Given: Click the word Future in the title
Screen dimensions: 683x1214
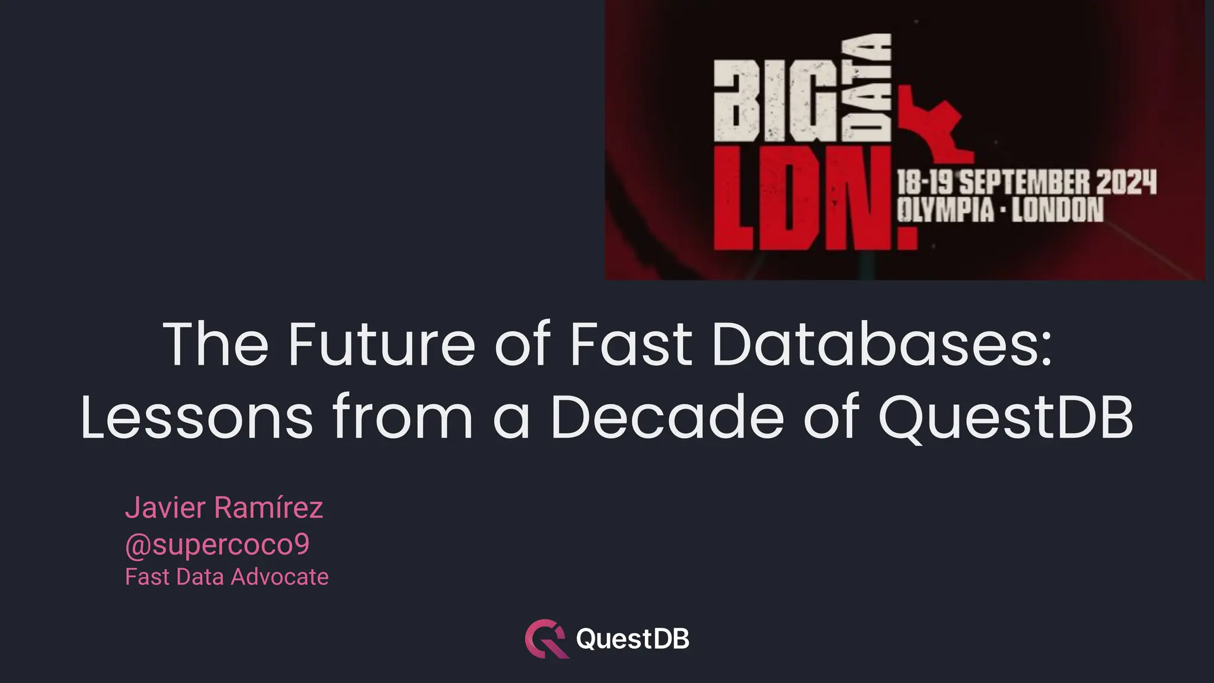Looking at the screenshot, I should (382, 344).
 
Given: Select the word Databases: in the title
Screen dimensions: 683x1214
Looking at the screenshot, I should (881, 344).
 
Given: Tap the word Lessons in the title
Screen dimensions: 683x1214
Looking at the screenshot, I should (196, 418).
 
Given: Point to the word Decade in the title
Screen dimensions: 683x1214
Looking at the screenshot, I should (667, 418).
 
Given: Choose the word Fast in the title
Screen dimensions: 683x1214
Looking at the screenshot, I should (631, 344).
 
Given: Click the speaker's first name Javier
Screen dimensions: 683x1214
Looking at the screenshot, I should (165, 508).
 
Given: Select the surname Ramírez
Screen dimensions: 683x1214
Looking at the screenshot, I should (269, 508).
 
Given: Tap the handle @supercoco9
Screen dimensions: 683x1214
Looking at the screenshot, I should (217, 545).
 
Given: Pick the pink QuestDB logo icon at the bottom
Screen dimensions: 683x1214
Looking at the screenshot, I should (546, 639).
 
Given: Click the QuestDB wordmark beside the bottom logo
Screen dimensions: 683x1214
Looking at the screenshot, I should (632, 639).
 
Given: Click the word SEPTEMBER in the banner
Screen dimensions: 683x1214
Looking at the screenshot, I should (1024, 182).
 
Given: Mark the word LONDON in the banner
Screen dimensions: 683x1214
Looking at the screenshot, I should (1058, 210).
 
